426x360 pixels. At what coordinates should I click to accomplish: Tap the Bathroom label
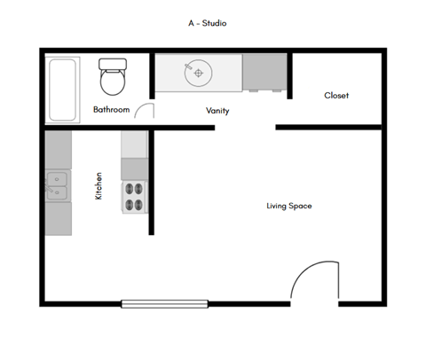pos(112,110)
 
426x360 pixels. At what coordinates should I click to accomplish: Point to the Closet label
pos(336,95)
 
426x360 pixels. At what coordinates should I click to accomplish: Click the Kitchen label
pos(99,186)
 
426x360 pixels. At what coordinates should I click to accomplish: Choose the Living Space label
pos(289,206)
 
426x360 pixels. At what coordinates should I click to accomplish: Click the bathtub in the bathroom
pos(62,89)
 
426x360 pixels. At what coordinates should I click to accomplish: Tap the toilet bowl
pos(113,84)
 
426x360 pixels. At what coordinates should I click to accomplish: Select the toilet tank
pos(113,65)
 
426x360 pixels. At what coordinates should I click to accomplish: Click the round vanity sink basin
pos(198,73)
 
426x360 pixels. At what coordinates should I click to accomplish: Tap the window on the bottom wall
pos(165,304)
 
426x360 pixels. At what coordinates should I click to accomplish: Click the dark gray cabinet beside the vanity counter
pos(264,73)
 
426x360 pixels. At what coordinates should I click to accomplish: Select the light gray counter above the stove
pos(134,144)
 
